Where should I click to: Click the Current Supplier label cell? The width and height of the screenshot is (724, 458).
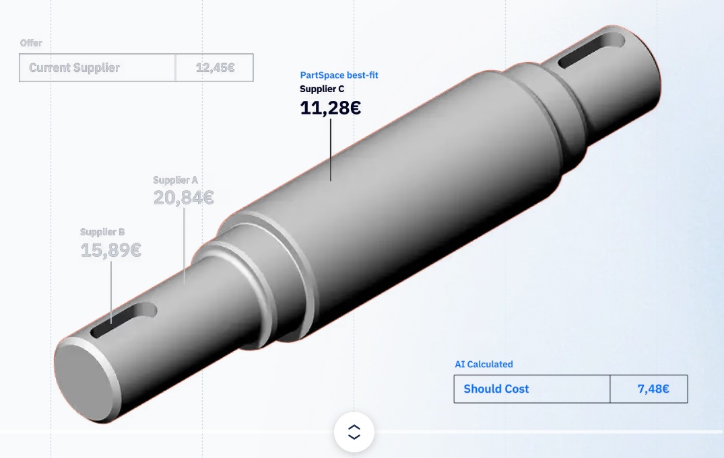[x=98, y=68]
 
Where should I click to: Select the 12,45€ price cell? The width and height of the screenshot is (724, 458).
[x=215, y=68]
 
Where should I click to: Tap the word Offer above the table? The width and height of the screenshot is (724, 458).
[x=31, y=43]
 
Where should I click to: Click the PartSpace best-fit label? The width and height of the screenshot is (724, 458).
[x=339, y=75]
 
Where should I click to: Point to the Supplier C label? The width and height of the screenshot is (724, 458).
[x=322, y=89]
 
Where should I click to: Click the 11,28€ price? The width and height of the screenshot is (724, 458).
[x=330, y=108]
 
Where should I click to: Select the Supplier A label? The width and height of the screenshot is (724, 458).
[x=176, y=180]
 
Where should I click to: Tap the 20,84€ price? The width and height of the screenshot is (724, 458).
[x=183, y=198]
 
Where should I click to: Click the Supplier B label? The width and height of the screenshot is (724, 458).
[x=102, y=232]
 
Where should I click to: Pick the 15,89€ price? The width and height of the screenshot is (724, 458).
[x=110, y=250]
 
